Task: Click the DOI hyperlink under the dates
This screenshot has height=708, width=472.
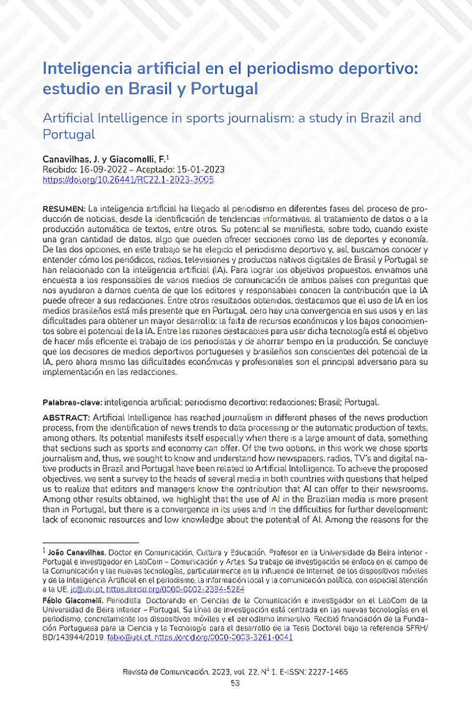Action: [128, 179]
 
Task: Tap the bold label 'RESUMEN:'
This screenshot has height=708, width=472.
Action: [64, 209]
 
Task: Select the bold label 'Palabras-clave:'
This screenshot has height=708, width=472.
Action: [72, 402]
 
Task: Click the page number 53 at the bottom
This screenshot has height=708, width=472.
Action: [235, 683]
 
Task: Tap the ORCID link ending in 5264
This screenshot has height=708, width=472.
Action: [162, 589]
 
